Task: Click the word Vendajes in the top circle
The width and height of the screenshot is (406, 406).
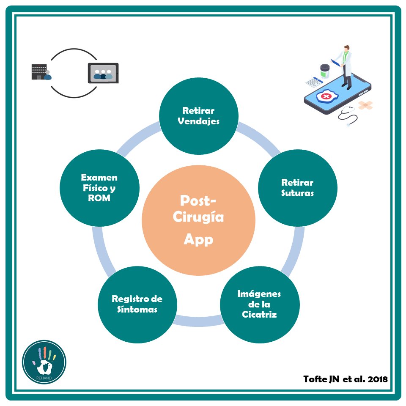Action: pos(198,121)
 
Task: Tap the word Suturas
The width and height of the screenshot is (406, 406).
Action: pos(297,193)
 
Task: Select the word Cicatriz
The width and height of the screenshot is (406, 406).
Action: pos(259,314)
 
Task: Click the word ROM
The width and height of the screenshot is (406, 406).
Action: pos(100,198)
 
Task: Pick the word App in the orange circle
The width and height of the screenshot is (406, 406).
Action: pos(198,239)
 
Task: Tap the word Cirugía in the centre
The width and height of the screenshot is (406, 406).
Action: pos(198,218)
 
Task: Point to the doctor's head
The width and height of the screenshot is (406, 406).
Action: pos(346,49)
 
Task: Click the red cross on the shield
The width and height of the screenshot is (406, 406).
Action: pos(326,98)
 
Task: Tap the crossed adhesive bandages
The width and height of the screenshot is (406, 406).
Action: pos(365,104)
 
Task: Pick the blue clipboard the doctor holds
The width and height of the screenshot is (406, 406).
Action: pos(336,63)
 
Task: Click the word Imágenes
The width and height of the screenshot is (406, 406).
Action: pos(259,294)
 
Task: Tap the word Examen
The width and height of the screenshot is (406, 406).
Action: pos(100,178)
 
